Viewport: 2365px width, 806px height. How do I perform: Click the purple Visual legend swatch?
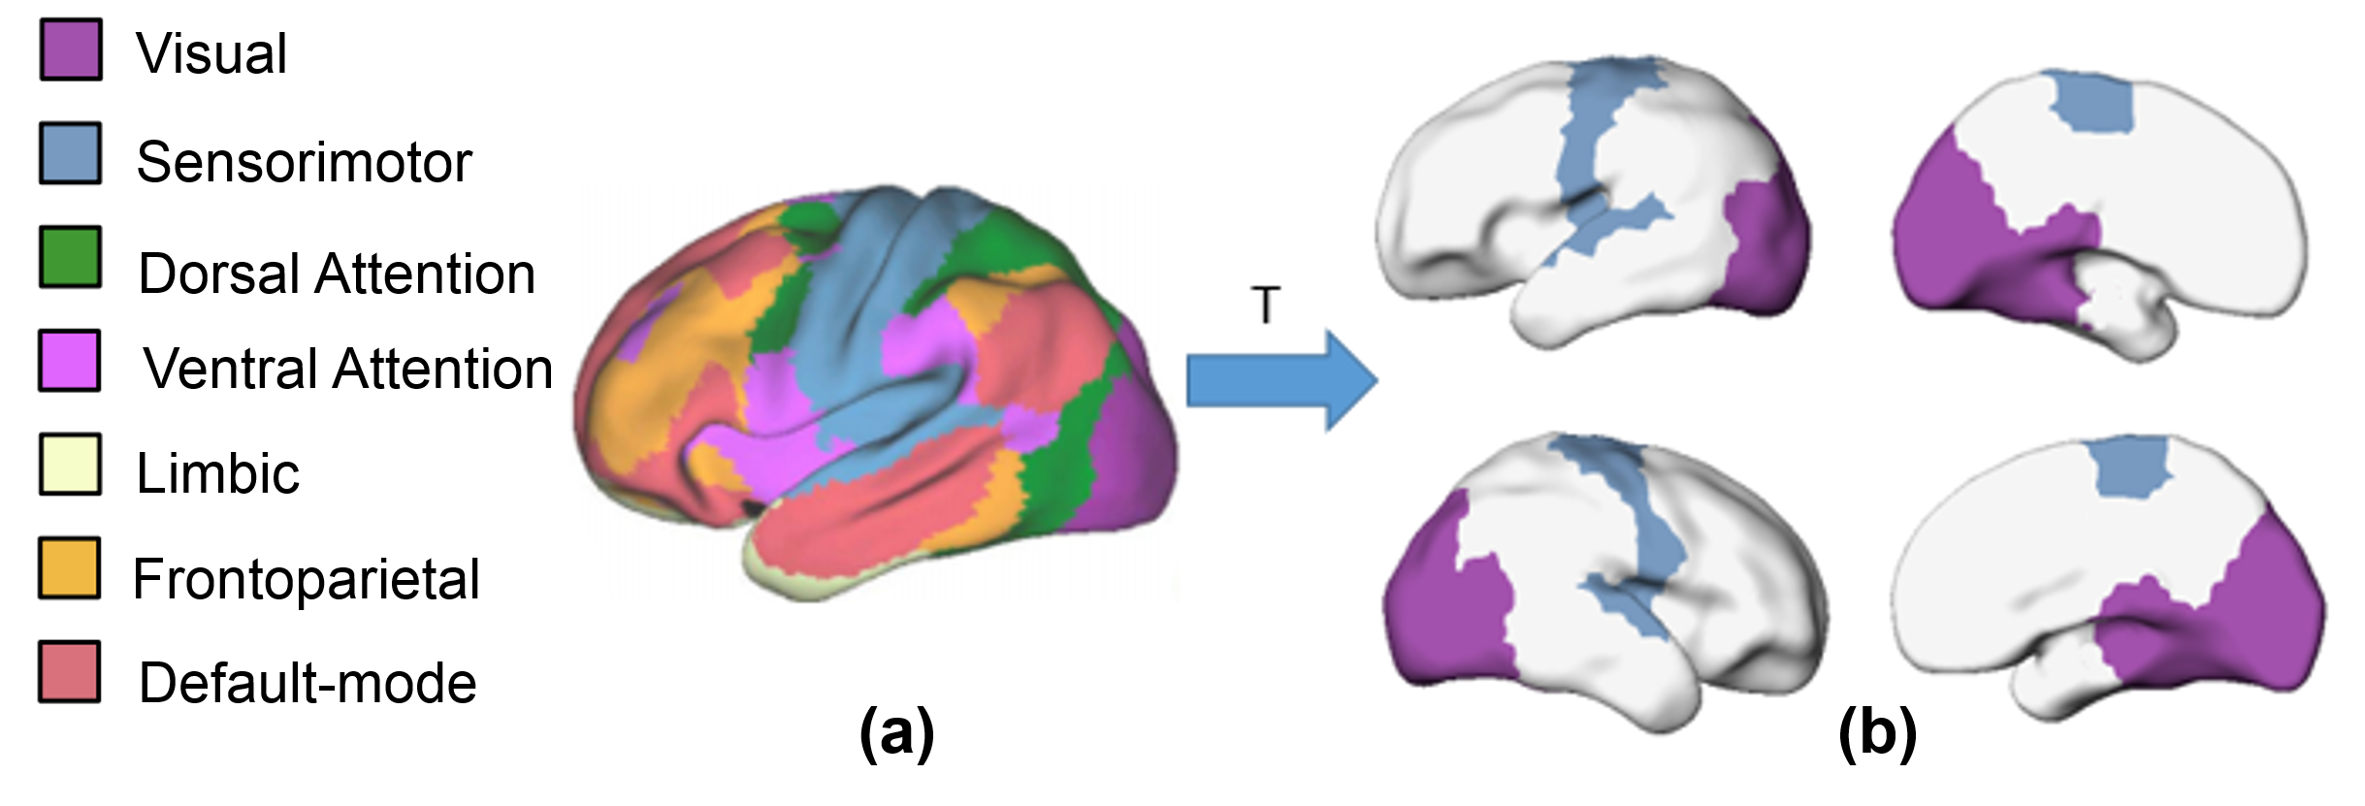pos(70,49)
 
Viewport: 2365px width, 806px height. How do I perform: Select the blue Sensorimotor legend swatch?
pos(70,153)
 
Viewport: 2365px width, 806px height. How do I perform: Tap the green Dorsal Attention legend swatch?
pos(70,257)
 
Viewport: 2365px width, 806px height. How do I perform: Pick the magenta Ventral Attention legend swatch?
pos(70,361)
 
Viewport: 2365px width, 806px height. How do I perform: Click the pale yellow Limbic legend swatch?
pos(70,465)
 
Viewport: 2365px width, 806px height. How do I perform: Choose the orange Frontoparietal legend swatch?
pos(70,568)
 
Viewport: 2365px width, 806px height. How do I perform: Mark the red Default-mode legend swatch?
pos(70,671)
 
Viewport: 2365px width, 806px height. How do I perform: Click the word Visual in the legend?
pos(211,53)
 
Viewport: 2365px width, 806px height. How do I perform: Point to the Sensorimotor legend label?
pos(304,162)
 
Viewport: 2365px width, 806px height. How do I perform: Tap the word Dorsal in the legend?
pos(217,274)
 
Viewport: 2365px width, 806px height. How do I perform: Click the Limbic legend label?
pos(218,473)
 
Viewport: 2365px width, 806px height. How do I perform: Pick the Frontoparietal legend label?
pos(307,579)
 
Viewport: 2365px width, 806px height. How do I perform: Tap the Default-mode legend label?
pos(308,683)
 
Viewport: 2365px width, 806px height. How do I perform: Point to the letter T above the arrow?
pos(1266,306)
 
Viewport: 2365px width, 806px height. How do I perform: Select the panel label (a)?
pos(896,733)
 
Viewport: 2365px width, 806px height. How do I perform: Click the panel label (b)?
pos(1877,733)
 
